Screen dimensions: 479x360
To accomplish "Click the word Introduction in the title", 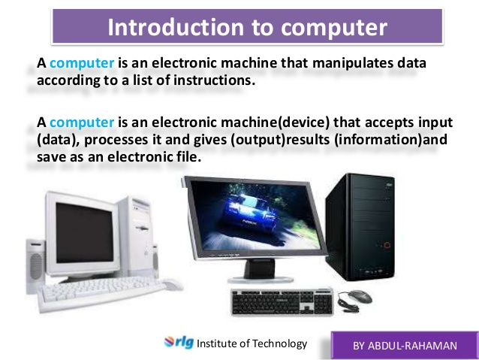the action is coord(176,27).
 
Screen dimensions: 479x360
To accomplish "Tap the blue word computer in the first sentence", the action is coord(82,63).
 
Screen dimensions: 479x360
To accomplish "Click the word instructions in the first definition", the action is coord(214,80).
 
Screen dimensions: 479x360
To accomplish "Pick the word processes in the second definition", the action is coord(116,140).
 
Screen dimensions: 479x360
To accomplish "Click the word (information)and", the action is coord(390,140).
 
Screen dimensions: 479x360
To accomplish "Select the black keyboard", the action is coord(282,302).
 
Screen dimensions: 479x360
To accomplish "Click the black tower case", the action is coord(360,227).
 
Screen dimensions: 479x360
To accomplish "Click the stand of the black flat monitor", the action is coord(261,271).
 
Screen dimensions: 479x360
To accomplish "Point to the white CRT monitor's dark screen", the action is coord(85,232).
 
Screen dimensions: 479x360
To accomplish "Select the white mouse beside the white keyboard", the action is coord(172,284).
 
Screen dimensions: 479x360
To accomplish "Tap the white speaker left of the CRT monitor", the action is coord(35,265).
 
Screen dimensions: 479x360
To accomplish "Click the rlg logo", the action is coord(179,342).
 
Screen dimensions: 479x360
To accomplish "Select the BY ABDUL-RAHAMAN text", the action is coord(405,346).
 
